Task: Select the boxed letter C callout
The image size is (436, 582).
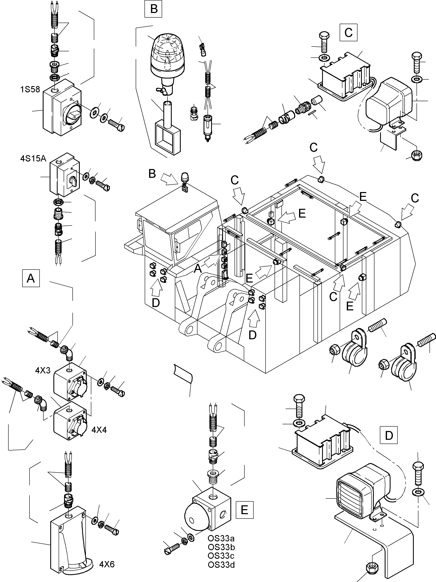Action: click(348, 32)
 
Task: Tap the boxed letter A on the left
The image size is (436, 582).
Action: click(31, 278)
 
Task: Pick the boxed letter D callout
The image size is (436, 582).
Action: click(389, 435)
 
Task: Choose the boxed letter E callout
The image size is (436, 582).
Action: click(244, 510)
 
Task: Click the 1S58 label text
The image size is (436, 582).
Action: click(30, 89)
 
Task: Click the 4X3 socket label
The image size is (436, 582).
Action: click(43, 370)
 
